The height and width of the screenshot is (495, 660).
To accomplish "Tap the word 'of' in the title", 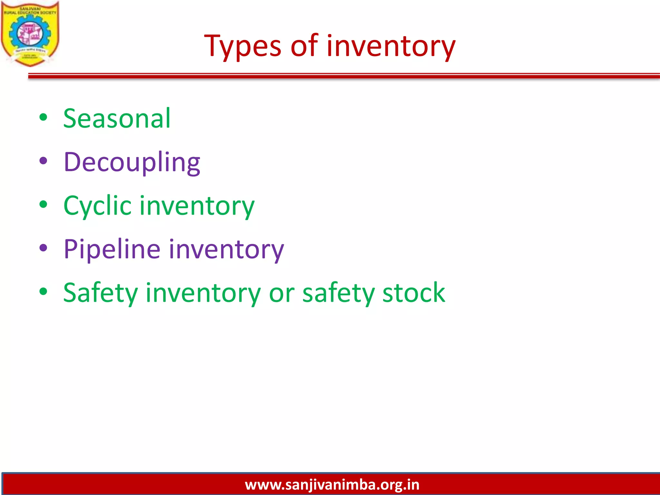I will tap(304, 46).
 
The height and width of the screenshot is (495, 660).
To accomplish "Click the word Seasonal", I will tap(117, 119).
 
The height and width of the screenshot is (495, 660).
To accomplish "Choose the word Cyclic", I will tap(97, 206).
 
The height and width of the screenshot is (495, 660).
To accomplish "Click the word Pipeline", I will tap(112, 249).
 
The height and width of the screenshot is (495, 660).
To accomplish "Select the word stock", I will tap(413, 293).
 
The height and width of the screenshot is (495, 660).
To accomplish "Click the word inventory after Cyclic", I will tap(197, 206).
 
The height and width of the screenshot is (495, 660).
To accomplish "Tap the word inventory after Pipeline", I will tap(226, 249).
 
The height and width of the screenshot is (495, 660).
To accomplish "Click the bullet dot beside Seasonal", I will tap(43, 118).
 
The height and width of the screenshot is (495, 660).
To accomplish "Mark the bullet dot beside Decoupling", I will tap(43, 161).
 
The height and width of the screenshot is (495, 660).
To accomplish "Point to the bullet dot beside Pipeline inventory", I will tap(43, 248).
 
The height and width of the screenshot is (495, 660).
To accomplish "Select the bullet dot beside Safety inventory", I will tap(43, 292).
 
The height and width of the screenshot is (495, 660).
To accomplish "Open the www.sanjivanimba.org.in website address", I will tap(332, 485).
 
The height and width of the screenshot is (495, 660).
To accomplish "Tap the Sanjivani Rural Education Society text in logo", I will tap(30, 11).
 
